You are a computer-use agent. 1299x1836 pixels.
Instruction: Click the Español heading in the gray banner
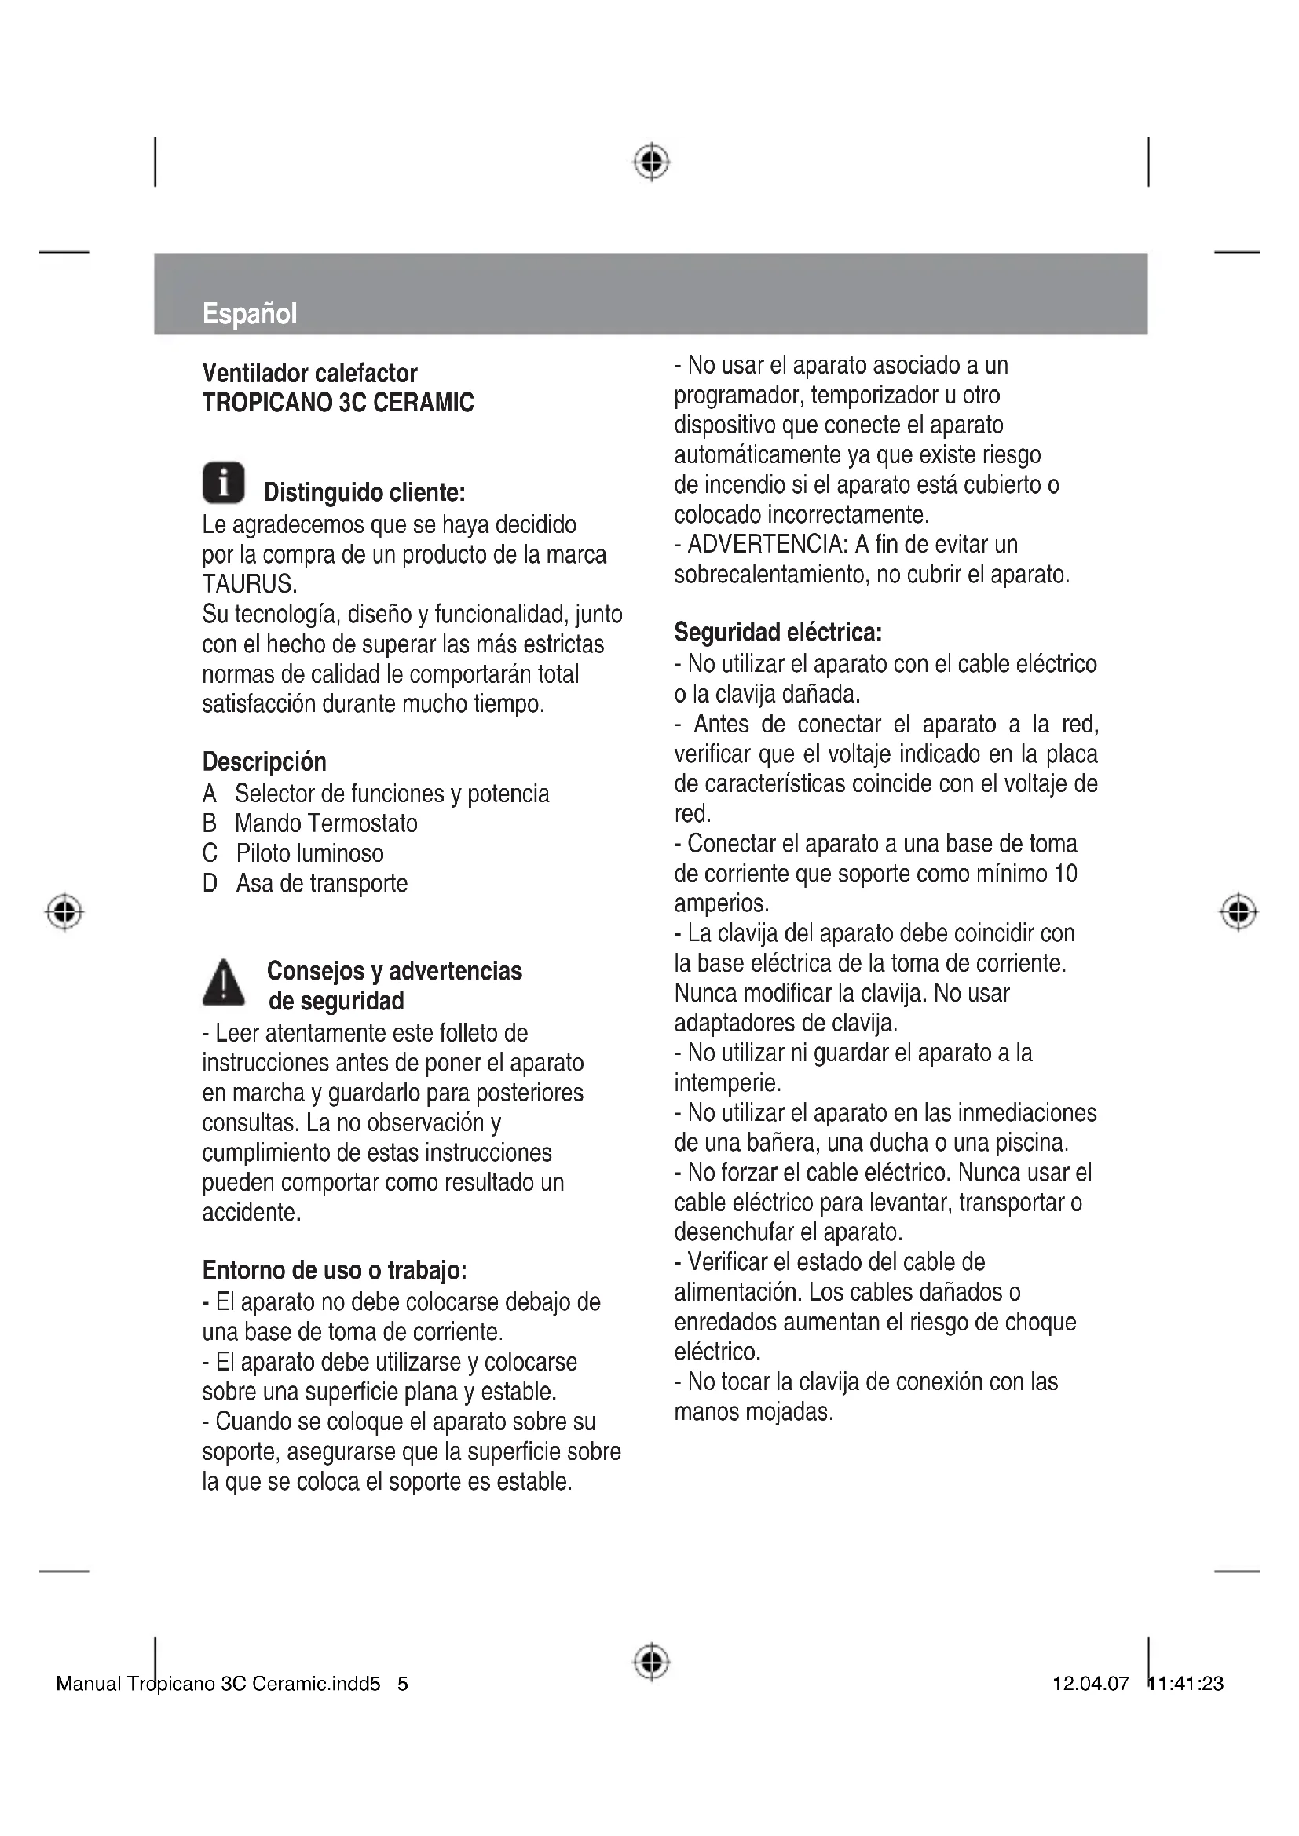tap(249, 313)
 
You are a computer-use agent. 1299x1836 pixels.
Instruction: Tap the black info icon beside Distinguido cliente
tap(223, 483)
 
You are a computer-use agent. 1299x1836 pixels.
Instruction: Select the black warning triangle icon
tap(224, 983)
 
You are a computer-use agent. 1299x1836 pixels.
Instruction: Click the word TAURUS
tap(248, 585)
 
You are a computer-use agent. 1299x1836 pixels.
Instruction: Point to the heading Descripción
tap(264, 761)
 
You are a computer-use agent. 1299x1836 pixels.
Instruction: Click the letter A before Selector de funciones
tap(210, 794)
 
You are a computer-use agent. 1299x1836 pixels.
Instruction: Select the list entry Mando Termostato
tap(326, 823)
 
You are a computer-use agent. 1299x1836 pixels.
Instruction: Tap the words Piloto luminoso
tap(309, 853)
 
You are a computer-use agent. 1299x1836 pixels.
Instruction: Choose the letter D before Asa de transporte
tap(210, 884)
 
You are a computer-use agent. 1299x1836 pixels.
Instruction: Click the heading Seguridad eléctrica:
tap(778, 633)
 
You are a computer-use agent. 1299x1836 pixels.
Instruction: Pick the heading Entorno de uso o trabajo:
tap(335, 1271)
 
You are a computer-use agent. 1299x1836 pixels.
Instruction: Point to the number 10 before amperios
tap(1066, 873)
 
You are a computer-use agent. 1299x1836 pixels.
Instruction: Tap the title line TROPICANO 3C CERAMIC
tap(338, 402)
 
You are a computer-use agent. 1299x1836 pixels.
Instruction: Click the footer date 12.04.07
tap(1090, 1684)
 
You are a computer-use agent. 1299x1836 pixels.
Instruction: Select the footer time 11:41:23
tap(1186, 1684)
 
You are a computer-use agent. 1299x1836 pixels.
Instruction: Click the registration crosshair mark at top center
tap(652, 162)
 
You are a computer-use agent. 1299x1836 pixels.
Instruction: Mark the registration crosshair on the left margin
tap(64, 911)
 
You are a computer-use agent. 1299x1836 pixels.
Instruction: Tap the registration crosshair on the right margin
tap(1239, 911)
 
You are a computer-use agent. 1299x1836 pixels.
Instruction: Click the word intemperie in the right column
tap(726, 1083)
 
